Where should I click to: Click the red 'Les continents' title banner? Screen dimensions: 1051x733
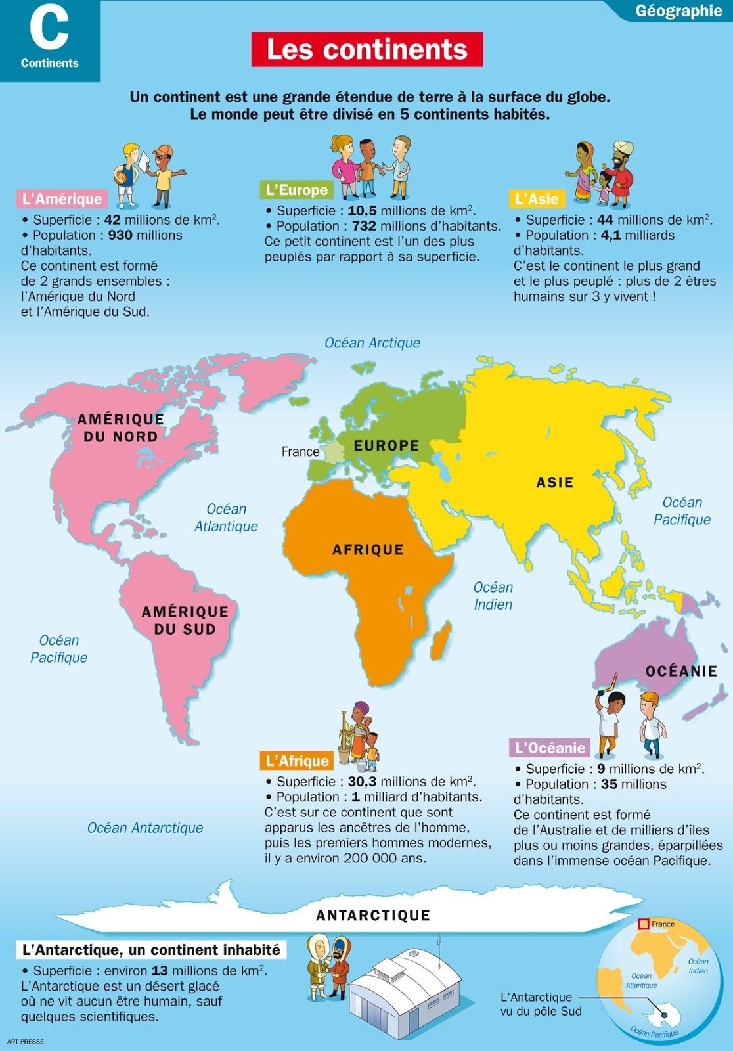[367, 49]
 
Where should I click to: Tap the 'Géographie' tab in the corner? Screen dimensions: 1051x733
[678, 11]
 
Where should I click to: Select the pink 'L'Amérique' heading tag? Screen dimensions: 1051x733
[62, 199]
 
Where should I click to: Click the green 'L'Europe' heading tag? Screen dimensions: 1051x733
[296, 190]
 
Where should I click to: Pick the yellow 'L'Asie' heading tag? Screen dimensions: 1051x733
[537, 199]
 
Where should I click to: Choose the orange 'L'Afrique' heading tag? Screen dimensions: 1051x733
[297, 761]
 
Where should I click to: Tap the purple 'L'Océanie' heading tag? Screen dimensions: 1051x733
[550, 748]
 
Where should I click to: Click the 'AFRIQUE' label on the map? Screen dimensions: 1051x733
[368, 550]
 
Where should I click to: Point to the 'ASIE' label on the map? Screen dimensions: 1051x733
[555, 483]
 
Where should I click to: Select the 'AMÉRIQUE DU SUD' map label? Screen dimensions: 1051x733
[185, 620]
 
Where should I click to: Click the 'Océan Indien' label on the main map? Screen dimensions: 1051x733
[493, 596]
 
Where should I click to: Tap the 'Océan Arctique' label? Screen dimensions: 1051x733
[372, 343]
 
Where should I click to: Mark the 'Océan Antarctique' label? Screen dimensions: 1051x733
[145, 828]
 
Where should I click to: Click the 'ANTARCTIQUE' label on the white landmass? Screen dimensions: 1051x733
[373, 916]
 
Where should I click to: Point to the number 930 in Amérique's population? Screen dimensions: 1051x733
[120, 235]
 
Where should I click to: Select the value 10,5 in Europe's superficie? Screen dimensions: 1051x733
[362, 211]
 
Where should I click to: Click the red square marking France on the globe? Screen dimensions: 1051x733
[644, 924]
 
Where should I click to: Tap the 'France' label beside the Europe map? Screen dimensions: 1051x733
[300, 452]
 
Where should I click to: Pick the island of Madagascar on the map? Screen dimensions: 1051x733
[443, 640]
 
